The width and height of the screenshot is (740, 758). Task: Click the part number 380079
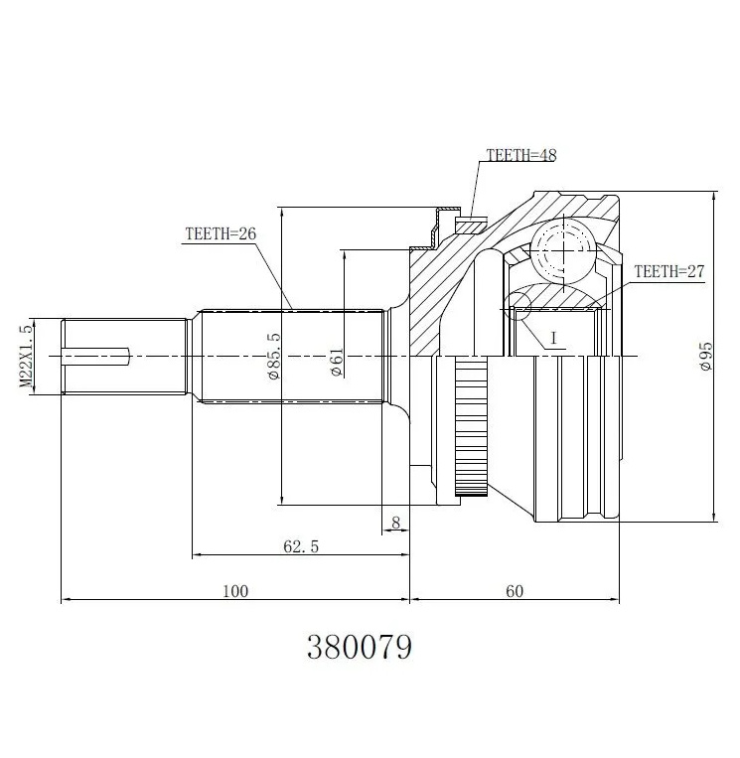pyautogui.click(x=360, y=647)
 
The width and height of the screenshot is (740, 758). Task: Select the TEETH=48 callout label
pyautogui.click(x=521, y=155)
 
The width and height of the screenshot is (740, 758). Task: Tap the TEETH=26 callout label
pyautogui.click(x=221, y=234)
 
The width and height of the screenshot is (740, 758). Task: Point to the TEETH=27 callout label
pyautogui.click(x=669, y=271)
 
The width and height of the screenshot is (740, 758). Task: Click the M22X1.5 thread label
pyautogui.click(x=27, y=357)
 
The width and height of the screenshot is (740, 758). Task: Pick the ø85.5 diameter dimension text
pyautogui.click(x=273, y=356)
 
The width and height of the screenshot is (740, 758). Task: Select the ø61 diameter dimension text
pyautogui.click(x=337, y=363)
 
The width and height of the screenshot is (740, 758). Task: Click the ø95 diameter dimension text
pyautogui.click(x=705, y=357)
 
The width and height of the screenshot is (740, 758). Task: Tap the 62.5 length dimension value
pyautogui.click(x=301, y=546)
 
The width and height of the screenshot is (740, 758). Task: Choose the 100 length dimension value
pyautogui.click(x=235, y=591)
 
